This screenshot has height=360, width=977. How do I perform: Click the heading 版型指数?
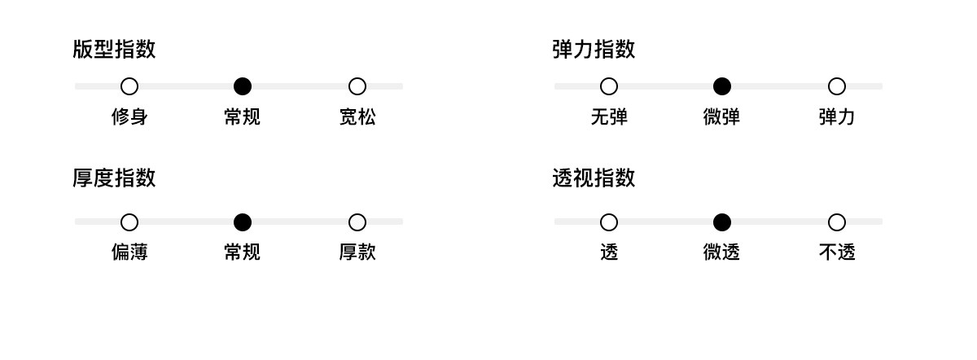click(x=114, y=50)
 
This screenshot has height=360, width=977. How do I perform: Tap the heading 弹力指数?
click(x=594, y=50)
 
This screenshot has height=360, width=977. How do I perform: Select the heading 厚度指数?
click(x=114, y=178)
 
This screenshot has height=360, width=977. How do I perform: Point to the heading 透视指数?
click(x=594, y=178)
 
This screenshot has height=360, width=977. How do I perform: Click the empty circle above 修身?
click(x=129, y=86)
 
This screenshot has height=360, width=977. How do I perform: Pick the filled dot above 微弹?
click(x=722, y=86)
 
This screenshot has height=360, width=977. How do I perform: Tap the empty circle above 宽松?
click(x=357, y=86)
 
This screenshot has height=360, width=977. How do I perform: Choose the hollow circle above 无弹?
click(x=609, y=86)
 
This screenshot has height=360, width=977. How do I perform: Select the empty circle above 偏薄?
click(x=129, y=222)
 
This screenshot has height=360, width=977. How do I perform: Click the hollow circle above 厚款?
click(x=357, y=222)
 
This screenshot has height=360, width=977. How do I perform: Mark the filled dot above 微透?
click(x=722, y=222)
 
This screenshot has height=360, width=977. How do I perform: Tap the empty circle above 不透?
click(x=837, y=222)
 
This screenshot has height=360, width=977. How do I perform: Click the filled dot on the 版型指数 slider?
click(x=243, y=86)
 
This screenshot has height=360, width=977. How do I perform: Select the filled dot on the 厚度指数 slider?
click(x=243, y=222)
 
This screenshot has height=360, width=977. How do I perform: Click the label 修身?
click(x=129, y=117)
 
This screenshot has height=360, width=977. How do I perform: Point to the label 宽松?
click(x=357, y=117)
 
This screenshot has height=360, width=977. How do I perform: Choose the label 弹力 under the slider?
click(x=837, y=117)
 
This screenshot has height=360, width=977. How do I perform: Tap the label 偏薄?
click(x=129, y=252)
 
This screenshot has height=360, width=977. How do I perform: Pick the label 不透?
click(x=837, y=252)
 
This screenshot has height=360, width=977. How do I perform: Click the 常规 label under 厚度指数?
click(x=243, y=252)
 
